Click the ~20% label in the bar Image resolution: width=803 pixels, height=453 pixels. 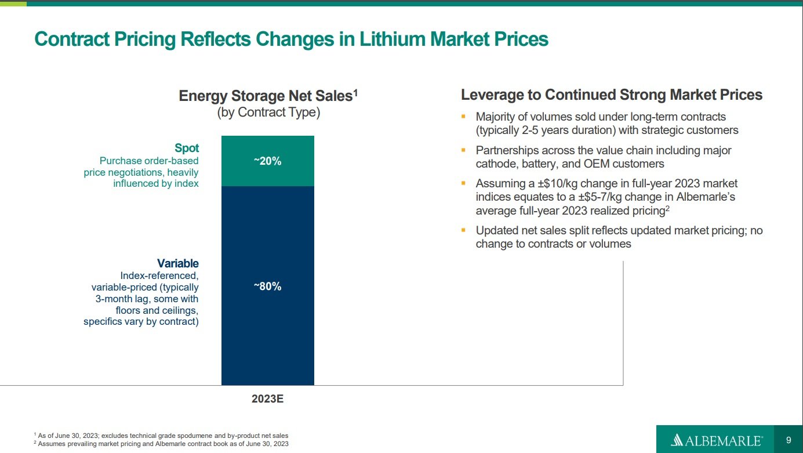click(x=267, y=161)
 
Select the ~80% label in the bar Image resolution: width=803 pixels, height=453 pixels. click(x=267, y=286)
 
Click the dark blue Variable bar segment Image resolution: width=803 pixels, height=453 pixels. click(x=267, y=336)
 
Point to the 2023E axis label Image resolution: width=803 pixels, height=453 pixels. click(x=267, y=400)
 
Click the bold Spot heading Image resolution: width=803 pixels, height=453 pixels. click(x=187, y=148)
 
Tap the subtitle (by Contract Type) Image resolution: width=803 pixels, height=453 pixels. click(x=268, y=112)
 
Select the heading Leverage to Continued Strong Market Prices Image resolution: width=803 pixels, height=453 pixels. click(x=611, y=95)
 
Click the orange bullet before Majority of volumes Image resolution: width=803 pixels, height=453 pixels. click(x=463, y=117)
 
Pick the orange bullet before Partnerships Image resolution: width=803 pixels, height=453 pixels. click(x=463, y=150)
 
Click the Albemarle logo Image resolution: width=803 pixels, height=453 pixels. click(x=716, y=440)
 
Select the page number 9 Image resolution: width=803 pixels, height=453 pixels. click(x=789, y=440)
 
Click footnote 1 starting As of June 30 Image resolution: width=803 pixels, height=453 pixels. click(x=162, y=435)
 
